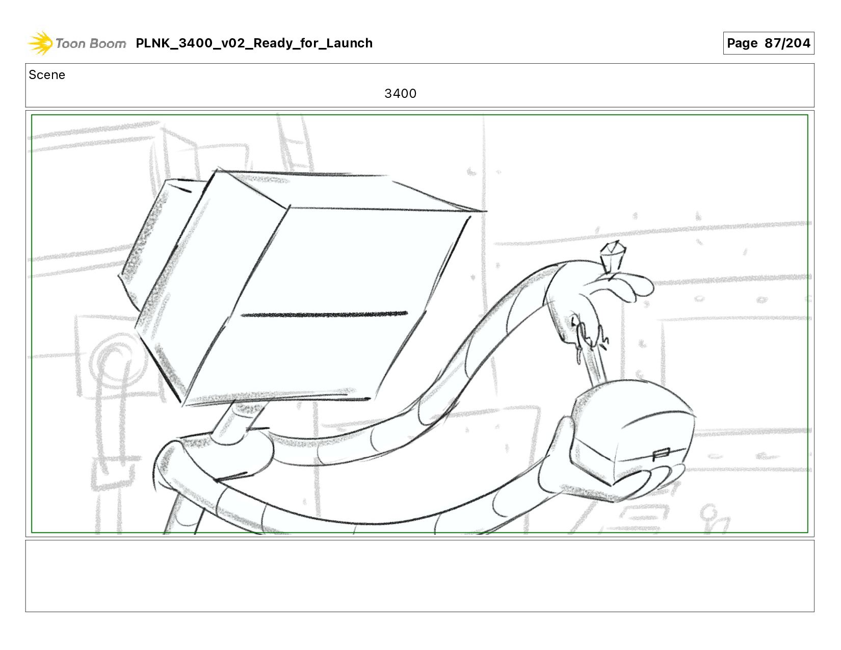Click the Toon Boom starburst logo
[x=40, y=43]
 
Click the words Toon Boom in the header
[x=91, y=43]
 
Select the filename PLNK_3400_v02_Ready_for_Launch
[x=254, y=43]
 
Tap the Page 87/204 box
[x=769, y=43]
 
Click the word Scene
[x=47, y=75]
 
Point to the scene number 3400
[x=400, y=93]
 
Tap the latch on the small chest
[x=661, y=454]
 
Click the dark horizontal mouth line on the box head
[x=324, y=314]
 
